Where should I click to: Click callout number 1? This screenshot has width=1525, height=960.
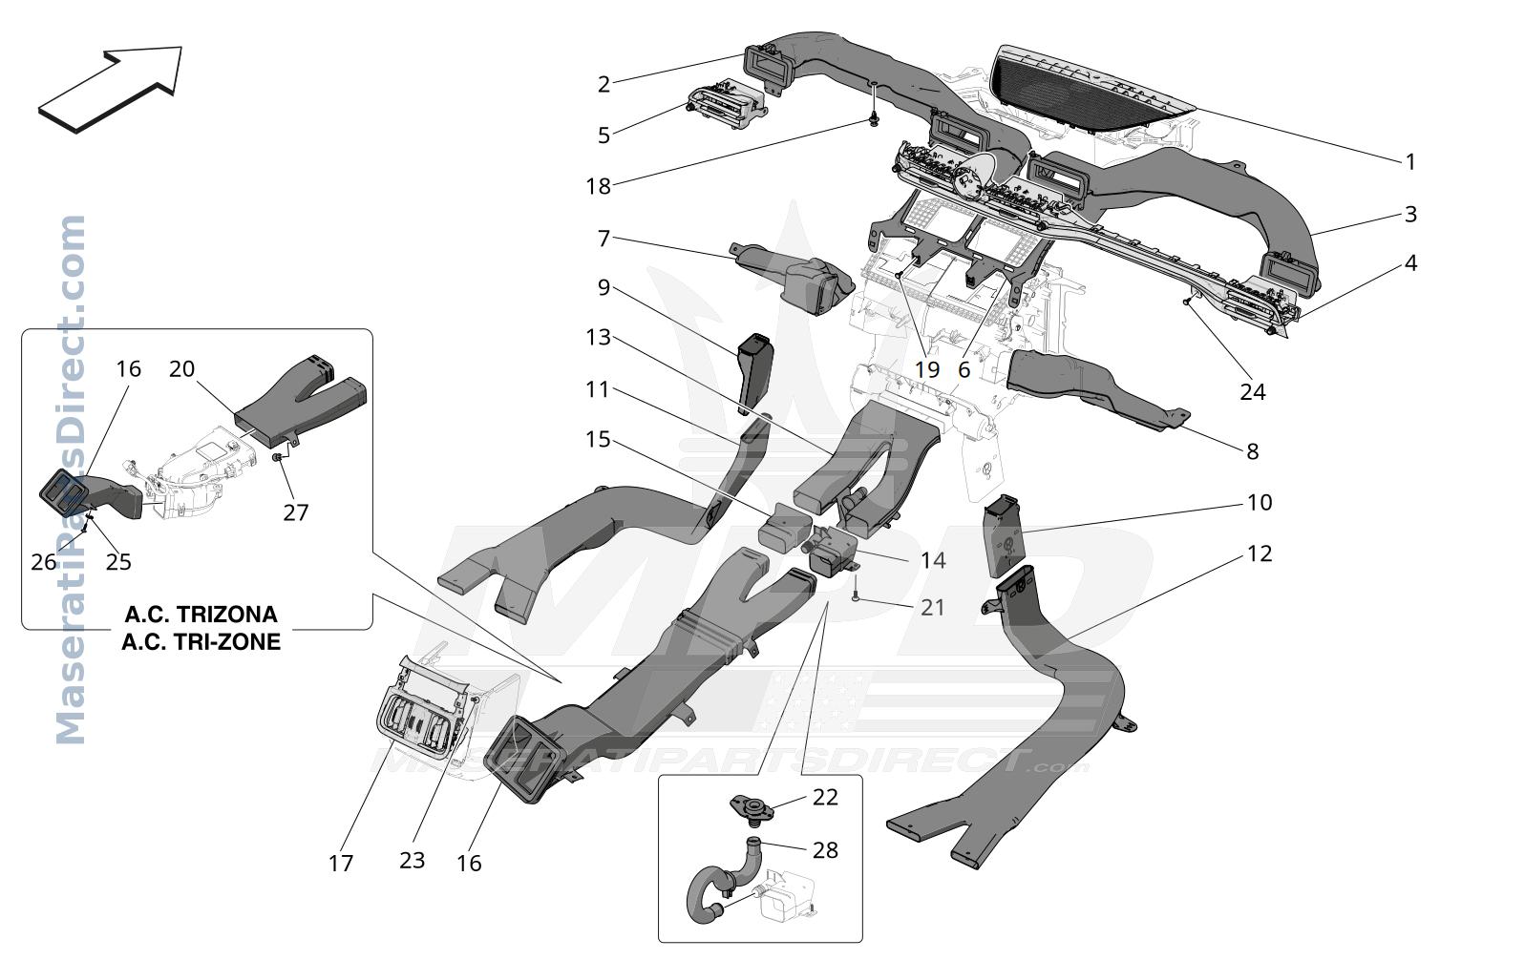tap(1410, 162)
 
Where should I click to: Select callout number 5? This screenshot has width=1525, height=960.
tap(604, 136)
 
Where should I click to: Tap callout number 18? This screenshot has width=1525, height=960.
tap(599, 186)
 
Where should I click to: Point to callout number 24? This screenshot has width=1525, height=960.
tap(1253, 392)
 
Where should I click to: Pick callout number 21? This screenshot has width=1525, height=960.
tap(933, 608)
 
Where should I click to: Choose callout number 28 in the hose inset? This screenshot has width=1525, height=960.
tap(826, 849)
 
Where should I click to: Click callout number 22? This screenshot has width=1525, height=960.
tap(826, 797)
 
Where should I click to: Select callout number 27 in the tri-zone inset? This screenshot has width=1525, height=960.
tap(296, 512)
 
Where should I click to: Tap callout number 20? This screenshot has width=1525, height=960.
tap(181, 368)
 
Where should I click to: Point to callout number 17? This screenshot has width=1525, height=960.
tap(341, 864)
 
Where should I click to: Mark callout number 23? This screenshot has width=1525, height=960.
tap(413, 861)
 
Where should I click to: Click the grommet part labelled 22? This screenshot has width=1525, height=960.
tap(752, 809)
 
